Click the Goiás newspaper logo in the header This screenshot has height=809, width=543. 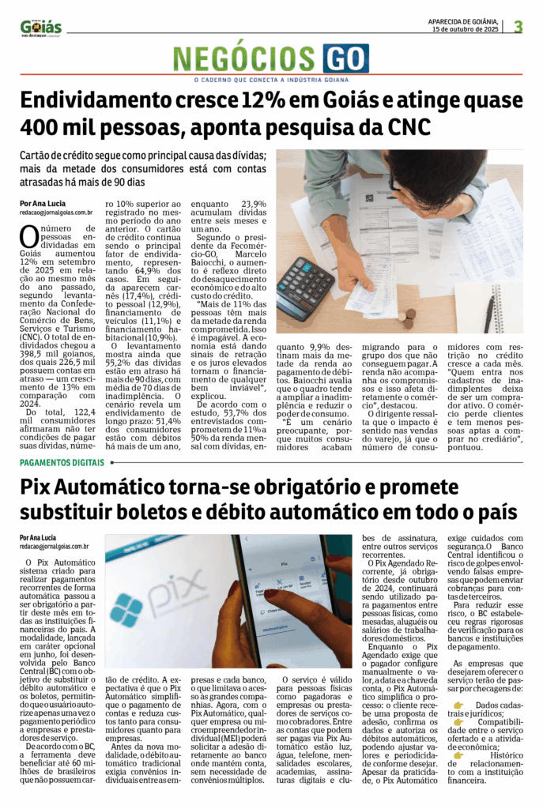[41, 28]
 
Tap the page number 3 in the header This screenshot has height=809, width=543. [518, 26]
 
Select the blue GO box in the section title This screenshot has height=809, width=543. [345, 59]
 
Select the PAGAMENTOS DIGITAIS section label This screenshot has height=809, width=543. [62, 462]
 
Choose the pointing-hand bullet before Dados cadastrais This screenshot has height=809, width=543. [459, 705]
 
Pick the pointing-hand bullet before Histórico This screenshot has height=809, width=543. [459, 754]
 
